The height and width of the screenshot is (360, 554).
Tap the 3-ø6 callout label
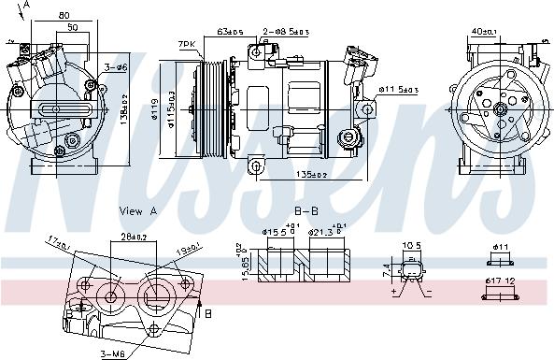[116, 67]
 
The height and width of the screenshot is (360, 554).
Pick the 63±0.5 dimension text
[230, 31]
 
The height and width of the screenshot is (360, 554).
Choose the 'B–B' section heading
[305, 211]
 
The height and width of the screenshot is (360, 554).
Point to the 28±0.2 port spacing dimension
[134, 238]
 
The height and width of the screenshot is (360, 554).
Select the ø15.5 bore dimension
[277, 231]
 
